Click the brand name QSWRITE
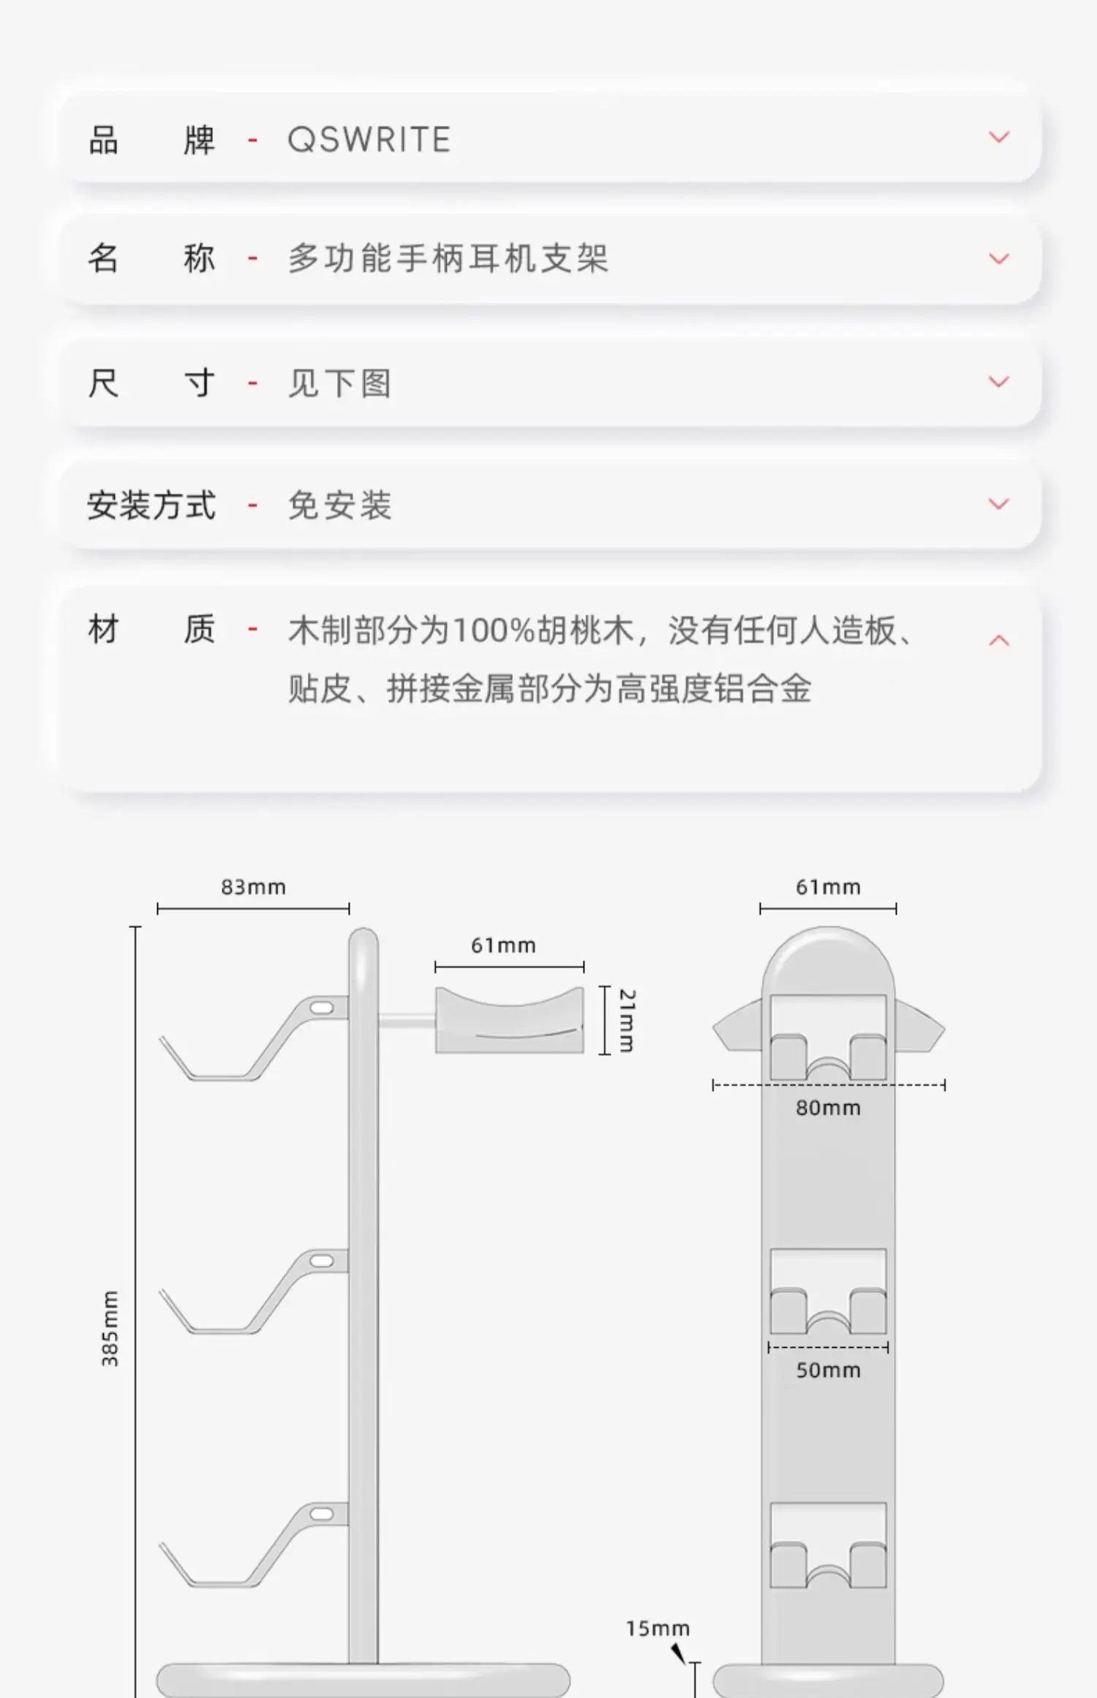coord(369,140)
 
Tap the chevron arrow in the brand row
coord(998,137)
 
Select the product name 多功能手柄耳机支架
coord(448,259)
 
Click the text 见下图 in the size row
coord(339,383)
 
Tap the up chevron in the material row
coord(998,641)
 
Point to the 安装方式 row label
coord(151,505)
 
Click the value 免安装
coord(339,505)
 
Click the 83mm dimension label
coord(253,887)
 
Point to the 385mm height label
coord(110,1329)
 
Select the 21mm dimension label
coord(627,1020)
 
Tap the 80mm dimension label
coord(828,1108)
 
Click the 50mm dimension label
coord(828,1370)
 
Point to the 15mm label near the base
coord(657,1629)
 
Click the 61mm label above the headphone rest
coord(503,946)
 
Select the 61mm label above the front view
coord(828,887)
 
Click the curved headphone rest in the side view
coord(509,1020)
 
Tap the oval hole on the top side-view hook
coord(322,1008)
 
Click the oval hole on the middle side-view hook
coord(322,1261)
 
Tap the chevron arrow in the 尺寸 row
coord(998,382)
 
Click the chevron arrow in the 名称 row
coord(998,259)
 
